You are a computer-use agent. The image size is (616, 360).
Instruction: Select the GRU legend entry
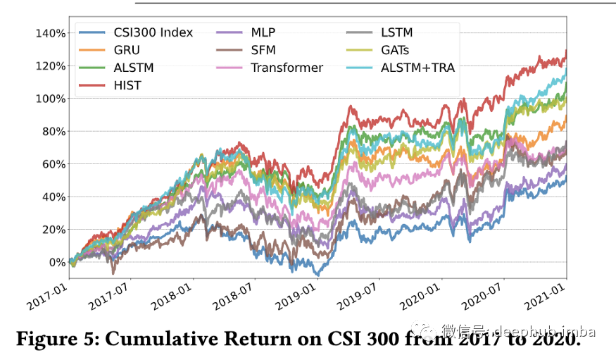point(127,50)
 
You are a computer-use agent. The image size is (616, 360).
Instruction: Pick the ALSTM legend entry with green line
point(134,68)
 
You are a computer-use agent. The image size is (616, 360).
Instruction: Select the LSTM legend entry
point(396,32)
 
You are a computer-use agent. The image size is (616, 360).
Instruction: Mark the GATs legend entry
point(395,50)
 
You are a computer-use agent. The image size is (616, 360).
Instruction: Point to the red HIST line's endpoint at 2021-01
point(566,51)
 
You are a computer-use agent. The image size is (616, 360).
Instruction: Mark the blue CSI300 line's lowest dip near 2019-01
point(317,274)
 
